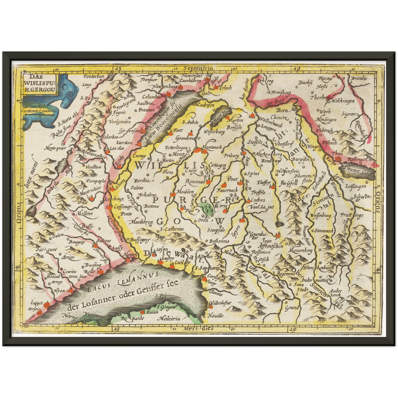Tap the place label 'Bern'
tap(282, 110)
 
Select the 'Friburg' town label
tap(231, 156)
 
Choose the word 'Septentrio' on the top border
tap(199, 68)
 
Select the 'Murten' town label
tap(236, 120)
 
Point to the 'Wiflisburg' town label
tap(214, 132)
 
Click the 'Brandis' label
tap(359, 78)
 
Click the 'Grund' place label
tap(292, 308)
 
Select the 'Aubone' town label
tap(104, 240)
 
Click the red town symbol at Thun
tap(338, 159)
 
